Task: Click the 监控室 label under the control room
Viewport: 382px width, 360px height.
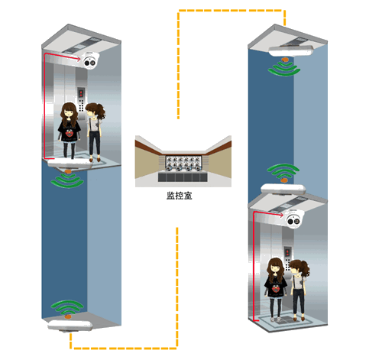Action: point(179,196)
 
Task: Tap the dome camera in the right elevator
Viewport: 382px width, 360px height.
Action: point(295,219)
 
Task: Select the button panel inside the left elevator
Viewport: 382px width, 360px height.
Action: point(81,99)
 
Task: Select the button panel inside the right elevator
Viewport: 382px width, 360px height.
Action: point(287,258)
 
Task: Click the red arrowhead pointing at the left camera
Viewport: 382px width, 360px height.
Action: point(78,59)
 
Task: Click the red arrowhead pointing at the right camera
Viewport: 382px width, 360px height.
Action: point(281,216)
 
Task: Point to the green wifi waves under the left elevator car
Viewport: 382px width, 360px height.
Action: point(67,180)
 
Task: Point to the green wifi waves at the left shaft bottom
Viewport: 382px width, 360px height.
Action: point(67,307)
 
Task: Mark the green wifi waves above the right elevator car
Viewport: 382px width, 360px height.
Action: point(283,171)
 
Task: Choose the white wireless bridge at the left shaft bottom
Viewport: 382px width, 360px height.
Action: point(70,326)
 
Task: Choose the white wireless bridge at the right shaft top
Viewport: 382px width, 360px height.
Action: point(291,50)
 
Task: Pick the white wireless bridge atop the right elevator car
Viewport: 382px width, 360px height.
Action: point(283,189)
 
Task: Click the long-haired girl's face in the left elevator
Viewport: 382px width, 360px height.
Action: point(69,113)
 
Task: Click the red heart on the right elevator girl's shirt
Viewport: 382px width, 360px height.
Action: point(275,290)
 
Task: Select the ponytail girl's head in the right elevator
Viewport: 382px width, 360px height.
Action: point(299,268)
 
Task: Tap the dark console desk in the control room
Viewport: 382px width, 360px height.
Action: point(183,177)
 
